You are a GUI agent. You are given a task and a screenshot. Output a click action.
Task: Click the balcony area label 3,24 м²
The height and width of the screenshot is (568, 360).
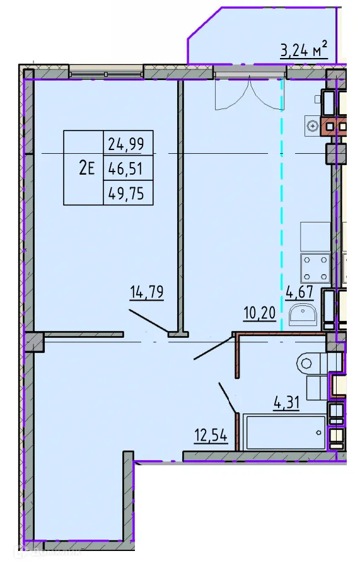(304, 49)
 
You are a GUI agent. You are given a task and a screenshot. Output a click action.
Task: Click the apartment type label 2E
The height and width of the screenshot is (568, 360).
(86, 168)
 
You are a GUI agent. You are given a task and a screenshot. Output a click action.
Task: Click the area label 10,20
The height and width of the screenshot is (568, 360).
(260, 311)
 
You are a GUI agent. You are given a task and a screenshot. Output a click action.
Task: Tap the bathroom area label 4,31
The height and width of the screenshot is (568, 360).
(286, 401)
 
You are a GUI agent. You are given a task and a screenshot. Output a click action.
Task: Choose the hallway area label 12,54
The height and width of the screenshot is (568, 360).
(210, 436)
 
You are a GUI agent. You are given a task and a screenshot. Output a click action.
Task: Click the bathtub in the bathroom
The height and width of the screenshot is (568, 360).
(284, 432)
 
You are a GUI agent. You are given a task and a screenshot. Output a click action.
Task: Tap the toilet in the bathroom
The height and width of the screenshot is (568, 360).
(312, 364)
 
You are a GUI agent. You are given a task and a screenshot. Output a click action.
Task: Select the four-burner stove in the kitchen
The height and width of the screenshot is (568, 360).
(315, 267)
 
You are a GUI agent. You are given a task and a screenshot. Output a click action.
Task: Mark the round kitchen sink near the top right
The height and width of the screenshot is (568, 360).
(313, 126)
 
